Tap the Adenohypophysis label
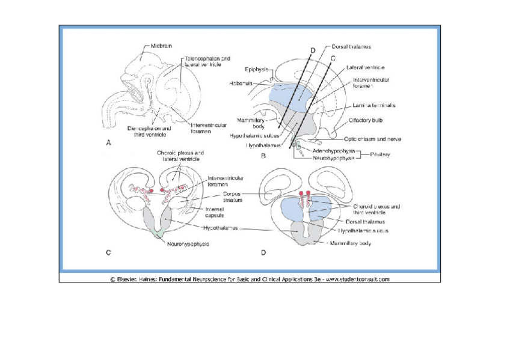(334, 151)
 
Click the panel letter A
(108, 143)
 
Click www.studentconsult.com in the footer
(358, 279)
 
